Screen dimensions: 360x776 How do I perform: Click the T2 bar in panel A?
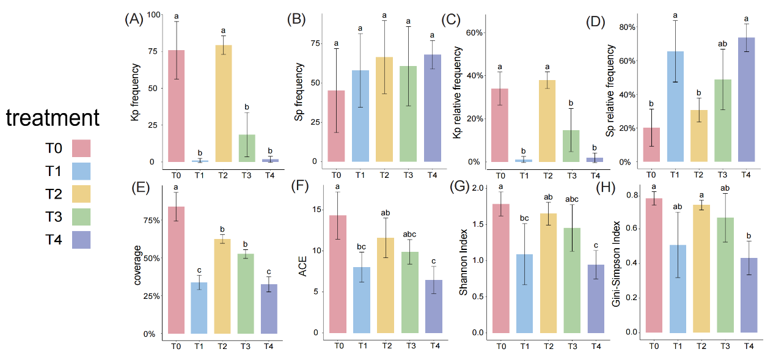pos(223,103)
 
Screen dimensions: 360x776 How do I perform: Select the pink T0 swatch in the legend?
pos(81,148)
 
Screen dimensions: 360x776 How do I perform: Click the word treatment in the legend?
pos(53,118)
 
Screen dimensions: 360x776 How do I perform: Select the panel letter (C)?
pos(452,20)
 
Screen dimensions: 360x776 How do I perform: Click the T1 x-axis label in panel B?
pos(361,175)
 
